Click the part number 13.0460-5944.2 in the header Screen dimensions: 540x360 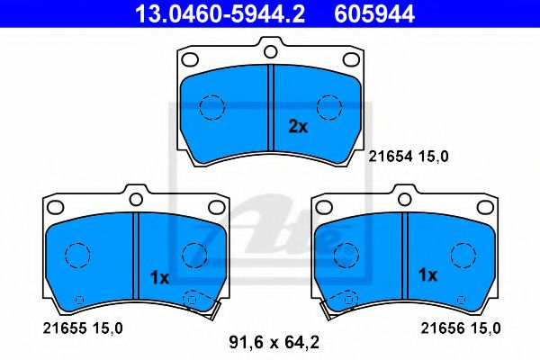[220, 14]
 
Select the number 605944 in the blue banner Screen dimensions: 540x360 [374, 14]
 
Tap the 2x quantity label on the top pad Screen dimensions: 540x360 [298, 127]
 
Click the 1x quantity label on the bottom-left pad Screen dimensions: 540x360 [159, 277]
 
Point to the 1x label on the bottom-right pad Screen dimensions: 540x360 [427, 274]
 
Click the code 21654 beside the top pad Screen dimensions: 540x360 [391, 157]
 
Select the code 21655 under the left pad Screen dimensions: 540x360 [65, 328]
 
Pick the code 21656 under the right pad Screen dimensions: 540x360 [442, 328]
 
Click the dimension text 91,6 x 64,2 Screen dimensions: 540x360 [274, 342]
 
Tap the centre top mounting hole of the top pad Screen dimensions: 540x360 [271, 51]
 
